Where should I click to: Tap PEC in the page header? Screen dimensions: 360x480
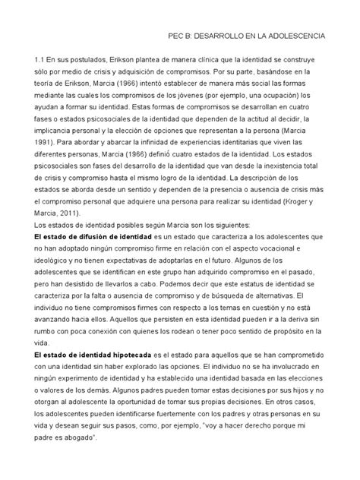click(x=177, y=35)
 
